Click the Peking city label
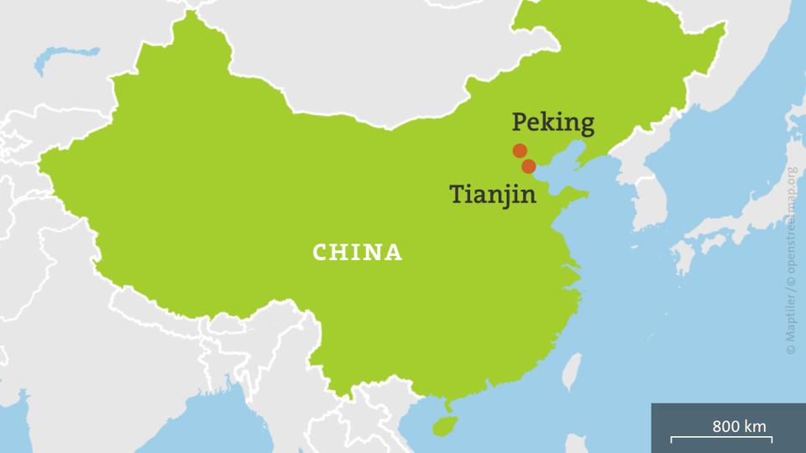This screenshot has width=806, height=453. pyautogui.click(x=552, y=124)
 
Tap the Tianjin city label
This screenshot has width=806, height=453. pyautogui.click(x=493, y=194)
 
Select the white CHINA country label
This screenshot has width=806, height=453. pyautogui.click(x=358, y=253)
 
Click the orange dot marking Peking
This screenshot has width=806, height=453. pyautogui.click(x=520, y=151)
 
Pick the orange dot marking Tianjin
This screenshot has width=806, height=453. pyautogui.click(x=528, y=166)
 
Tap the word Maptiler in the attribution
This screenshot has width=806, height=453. pyautogui.click(x=790, y=322)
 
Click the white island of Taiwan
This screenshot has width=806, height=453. pyautogui.click(x=571, y=371)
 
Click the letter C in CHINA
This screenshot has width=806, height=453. pyautogui.click(x=320, y=253)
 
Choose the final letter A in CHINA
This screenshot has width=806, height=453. pyautogui.click(x=395, y=253)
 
